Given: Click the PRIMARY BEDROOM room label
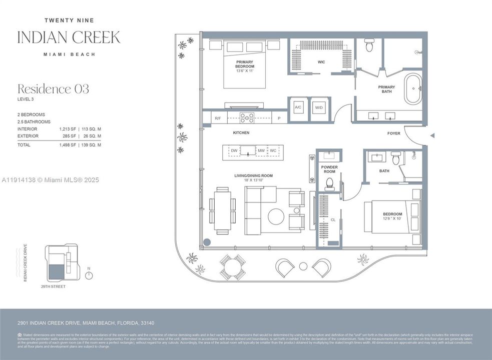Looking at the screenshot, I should (x=245, y=63).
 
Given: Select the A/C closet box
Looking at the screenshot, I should (x=298, y=108).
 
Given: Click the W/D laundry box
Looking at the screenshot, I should (x=319, y=108).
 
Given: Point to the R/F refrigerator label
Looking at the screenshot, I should (x=218, y=118).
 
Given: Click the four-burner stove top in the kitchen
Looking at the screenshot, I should (x=247, y=118).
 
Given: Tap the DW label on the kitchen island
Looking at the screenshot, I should (x=234, y=150).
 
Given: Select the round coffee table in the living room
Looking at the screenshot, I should (x=276, y=216).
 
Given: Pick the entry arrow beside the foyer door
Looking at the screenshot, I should (x=432, y=135).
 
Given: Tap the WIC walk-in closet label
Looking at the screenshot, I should (x=321, y=62).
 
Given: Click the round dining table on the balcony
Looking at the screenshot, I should (x=233, y=267).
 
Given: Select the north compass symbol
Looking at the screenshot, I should (x=89, y=274).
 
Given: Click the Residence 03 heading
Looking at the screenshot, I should (x=53, y=89).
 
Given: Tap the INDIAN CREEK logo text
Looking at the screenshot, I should (x=69, y=37).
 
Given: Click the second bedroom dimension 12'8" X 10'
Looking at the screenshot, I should (x=392, y=218).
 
